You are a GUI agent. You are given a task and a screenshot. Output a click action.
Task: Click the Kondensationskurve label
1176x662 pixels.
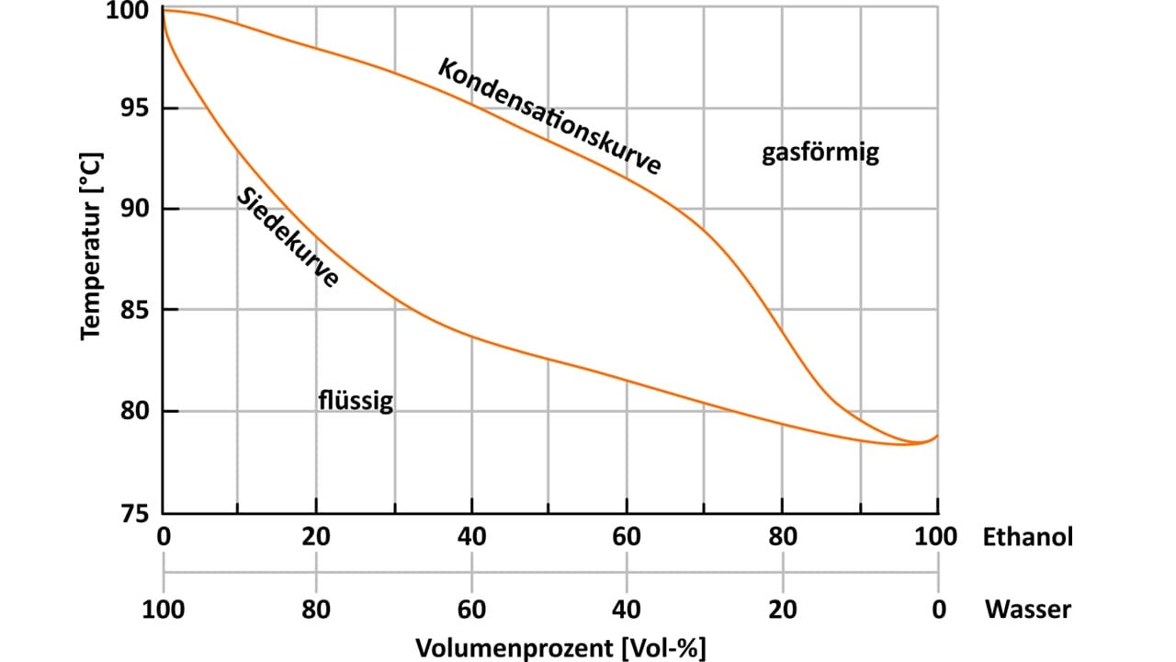(x=549, y=116)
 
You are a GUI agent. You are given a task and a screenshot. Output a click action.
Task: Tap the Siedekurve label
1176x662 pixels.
(x=288, y=238)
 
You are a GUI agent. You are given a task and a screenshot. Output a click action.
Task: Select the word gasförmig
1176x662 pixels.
(x=820, y=152)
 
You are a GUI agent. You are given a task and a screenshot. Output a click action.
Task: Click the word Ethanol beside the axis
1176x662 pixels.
(x=1028, y=536)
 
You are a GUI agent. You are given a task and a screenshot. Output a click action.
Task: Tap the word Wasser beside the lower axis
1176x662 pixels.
(x=1028, y=609)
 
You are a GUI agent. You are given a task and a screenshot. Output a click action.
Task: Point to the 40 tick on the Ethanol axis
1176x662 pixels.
(x=471, y=536)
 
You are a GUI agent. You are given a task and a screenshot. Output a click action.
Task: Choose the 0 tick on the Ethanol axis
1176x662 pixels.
(x=164, y=536)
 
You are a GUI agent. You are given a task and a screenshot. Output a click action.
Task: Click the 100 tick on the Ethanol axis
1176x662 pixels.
(x=937, y=536)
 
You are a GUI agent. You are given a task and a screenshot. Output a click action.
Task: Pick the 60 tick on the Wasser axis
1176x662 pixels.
(x=471, y=609)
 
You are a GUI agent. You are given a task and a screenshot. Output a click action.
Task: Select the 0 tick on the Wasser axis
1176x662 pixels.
(x=937, y=609)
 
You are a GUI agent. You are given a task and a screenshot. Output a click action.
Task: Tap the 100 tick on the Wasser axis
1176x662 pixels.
(x=164, y=609)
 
